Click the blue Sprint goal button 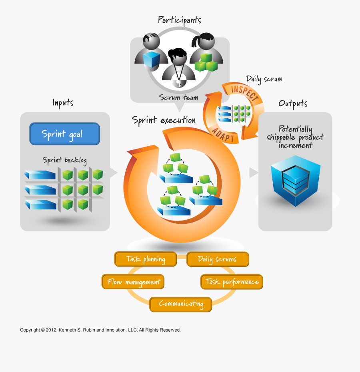64,134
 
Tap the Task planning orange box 146,259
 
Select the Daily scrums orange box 218,259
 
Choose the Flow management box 133,282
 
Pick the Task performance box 232,282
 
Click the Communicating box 181,304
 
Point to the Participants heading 179,20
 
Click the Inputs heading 63,103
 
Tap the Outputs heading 293,103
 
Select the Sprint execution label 164,120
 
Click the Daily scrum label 264,79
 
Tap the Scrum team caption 178,97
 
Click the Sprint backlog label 65,160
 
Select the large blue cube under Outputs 295,182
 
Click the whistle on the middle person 178,83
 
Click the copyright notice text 100,330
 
